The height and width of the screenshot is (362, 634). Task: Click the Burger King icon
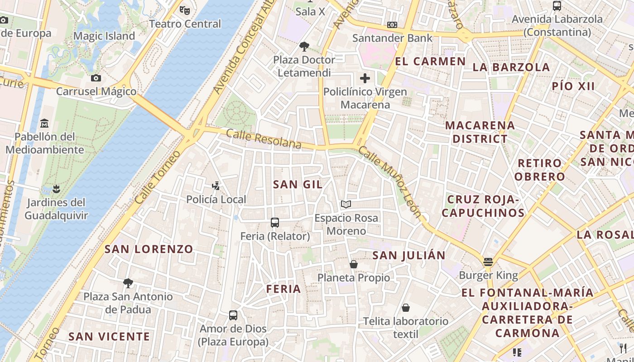488,262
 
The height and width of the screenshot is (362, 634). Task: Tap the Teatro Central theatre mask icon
184,10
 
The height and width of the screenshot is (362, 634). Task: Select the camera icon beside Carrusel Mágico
96,78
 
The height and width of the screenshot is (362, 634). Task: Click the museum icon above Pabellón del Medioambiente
44,123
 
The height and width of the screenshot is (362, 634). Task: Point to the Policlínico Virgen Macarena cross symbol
365,78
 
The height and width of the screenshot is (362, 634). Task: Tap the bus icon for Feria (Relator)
275,222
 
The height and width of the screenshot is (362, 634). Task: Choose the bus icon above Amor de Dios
233,315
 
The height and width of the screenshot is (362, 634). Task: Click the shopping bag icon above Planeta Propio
354,264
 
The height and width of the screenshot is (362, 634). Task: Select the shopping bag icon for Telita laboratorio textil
406,308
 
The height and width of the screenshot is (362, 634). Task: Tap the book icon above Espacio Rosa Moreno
346,205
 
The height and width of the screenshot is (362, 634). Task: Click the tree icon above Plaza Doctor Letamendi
304,46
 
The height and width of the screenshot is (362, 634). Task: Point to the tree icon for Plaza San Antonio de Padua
128,283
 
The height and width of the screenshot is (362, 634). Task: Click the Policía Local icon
216,186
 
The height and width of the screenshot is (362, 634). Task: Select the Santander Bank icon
392,25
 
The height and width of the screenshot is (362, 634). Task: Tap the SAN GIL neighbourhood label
298,184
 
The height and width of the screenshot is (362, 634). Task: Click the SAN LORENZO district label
149,249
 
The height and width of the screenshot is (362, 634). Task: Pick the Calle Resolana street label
264,139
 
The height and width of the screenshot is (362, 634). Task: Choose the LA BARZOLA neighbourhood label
511,67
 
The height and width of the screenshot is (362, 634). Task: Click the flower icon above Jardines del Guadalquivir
56,188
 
